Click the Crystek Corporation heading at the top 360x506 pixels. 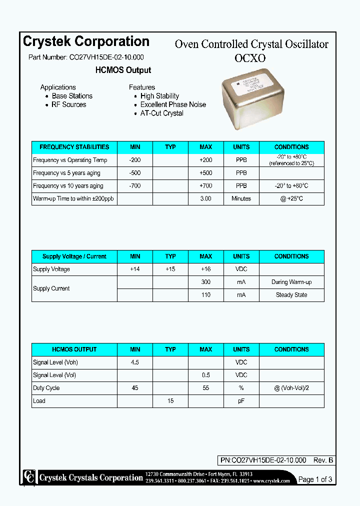pyautogui.click(x=86, y=41)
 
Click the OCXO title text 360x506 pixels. pyautogui.click(x=250, y=58)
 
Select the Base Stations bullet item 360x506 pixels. pyautogui.click(x=72, y=96)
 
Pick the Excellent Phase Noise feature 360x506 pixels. pyautogui.click(x=173, y=104)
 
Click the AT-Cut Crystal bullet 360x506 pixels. pyautogui.click(x=161, y=113)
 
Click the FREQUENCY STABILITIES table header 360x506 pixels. pyautogui.click(x=74, y=147)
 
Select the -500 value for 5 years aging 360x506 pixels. pyautogui.click(x=135, y=173)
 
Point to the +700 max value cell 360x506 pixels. pyautogui.click(x=205, y=186)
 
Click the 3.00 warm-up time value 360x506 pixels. pyautogui.click(x=205, y=198)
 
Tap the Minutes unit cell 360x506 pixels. pyautogui.click(x=241, y=198)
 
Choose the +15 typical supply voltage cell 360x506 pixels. pyautogui.click(x=170, y=269)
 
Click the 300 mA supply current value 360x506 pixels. pyautogui.click(x=205, y=282)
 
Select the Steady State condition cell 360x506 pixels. pyautogui.click(x=291, y=295)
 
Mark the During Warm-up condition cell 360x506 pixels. pyautogui.click(x=291, y=282)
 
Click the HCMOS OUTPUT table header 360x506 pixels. pyautogui.click(x=74, y=349)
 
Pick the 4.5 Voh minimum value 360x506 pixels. pyautogui.click(x=135, y=362)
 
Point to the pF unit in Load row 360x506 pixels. pyautogui.click(x=241, y=401)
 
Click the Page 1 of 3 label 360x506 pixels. pyautogui.click(x=315, y=479)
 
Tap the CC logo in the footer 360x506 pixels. pyautogui.click(x=29, y=477)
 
